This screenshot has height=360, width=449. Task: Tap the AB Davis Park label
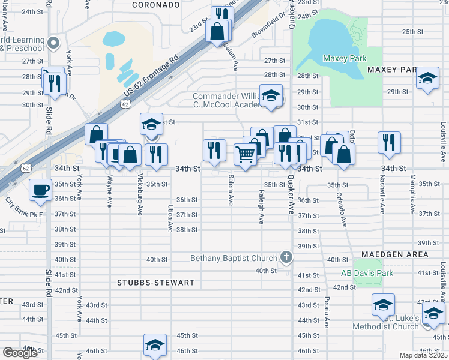tap(367, 273)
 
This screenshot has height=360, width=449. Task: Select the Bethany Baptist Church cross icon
tap(286, 257)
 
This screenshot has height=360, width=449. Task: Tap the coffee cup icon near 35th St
tap(40, 189)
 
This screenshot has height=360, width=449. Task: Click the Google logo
tap(20, 353)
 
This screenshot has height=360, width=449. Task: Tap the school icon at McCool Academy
tap(271, 96)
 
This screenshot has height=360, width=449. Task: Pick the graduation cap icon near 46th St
tap(154, 345)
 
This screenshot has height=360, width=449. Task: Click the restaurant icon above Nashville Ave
tap(389, 142)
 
